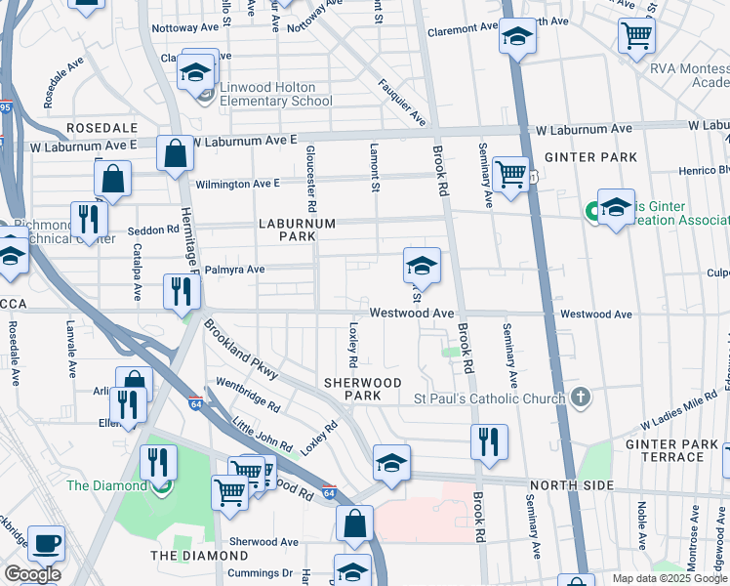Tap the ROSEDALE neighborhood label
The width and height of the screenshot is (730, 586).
point(101,129)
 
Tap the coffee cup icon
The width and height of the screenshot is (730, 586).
point(46,543)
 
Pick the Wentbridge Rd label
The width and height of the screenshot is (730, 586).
point(248,394)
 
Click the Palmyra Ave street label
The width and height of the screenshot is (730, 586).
point(234,270)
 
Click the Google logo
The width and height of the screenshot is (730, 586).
point(32,574)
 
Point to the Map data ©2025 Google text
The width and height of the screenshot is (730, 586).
point(668,578)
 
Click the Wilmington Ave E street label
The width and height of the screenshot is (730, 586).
point(237,183)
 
